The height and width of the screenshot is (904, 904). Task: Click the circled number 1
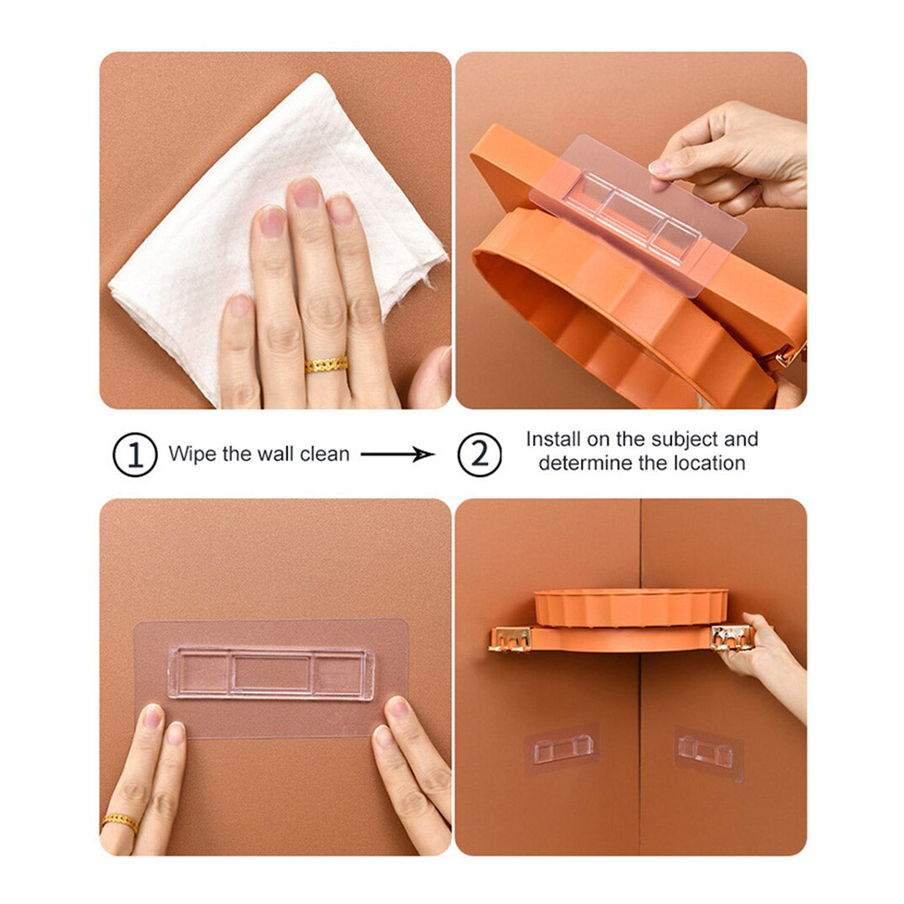(135, 455)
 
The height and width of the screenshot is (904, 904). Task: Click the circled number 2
(479, 455)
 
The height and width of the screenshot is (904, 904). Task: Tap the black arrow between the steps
(398, 455)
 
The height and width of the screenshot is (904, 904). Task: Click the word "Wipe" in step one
(188, 455)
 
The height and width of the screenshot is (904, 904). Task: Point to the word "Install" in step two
(553, 439)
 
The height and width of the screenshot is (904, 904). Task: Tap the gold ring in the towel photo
(326, 364)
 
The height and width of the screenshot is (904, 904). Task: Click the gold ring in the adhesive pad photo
(120, 823)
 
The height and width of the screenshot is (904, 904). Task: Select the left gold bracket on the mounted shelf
(510, 638)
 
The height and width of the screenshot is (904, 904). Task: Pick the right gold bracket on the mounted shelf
(732, 637)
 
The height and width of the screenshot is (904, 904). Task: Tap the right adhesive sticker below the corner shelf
(708, 752)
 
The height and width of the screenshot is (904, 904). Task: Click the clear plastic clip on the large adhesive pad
(270, 673)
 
